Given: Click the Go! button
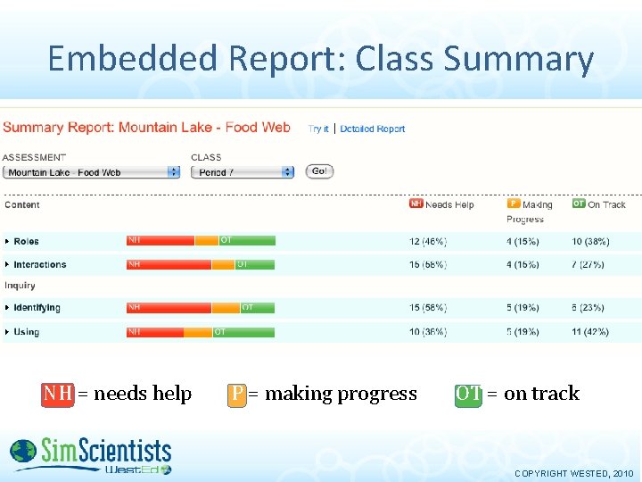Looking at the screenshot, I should point(319,171).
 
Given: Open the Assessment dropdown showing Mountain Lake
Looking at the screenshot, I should point(92,172).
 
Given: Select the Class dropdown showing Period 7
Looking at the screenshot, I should point(242,172).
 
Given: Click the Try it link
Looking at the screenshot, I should point(318,129).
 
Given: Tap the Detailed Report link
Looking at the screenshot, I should point(372,129).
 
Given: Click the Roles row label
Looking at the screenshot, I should point(26,241).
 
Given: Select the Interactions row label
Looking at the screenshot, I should point(39,264).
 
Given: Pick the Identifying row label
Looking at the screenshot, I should point(37,308).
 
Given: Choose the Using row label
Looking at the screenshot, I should point(26,332).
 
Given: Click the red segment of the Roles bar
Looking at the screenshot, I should point(160,240).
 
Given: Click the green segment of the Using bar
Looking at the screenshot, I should point(243,332).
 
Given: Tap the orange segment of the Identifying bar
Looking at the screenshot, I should point(226,308).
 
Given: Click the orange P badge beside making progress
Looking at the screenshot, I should point(236,394).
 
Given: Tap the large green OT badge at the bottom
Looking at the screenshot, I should point(468,394).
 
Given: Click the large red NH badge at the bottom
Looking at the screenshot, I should point(58,394).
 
